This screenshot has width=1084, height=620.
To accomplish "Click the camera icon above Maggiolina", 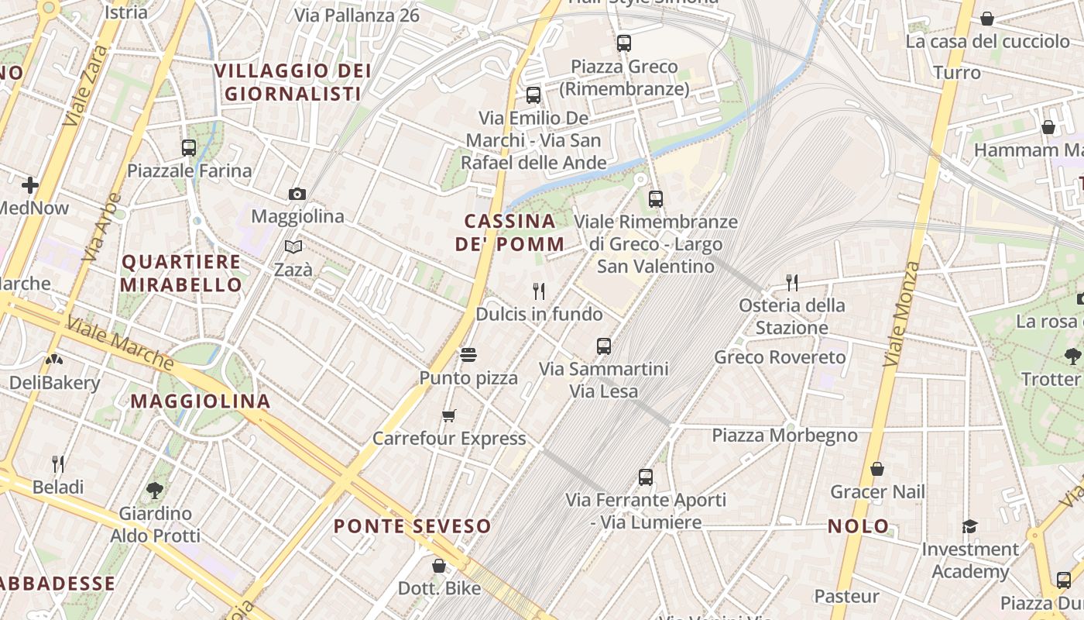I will (x=297, y=194).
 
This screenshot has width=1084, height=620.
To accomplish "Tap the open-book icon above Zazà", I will (x=293, y=246).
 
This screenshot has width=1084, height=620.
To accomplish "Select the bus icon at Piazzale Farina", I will (x=189, y=147).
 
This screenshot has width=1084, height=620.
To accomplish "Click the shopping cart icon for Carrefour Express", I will (x=449, y=416).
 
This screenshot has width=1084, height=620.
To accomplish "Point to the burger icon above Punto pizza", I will (x=468, y=355).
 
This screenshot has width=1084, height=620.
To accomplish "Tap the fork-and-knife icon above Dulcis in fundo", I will (x=539, y=291).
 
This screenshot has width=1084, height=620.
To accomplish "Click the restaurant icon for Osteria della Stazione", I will (x=791, y=282).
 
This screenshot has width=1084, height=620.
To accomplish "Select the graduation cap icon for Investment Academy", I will (x=969, y=527).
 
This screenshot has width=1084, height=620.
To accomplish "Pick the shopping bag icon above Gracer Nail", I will (x=877, y=469).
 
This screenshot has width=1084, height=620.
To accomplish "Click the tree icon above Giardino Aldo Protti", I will (x=155, y=490).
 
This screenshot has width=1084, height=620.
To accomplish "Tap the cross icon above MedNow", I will (x=30, y=185).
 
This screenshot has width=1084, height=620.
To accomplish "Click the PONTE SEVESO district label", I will (x=413, y=526).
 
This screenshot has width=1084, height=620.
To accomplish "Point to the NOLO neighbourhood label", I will (x=859, y=526).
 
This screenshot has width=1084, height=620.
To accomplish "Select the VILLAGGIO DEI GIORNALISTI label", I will (x=293, y=82).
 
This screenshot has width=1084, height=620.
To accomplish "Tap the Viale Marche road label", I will (x=120, y=343).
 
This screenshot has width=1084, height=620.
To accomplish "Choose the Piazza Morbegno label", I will (x=784, y=436).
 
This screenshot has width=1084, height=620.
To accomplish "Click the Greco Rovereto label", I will (x=780, y=357).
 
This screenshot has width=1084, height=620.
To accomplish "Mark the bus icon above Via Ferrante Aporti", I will (x=646, y=477).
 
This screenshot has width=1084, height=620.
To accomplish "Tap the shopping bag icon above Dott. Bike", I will (x=439, y=566).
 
